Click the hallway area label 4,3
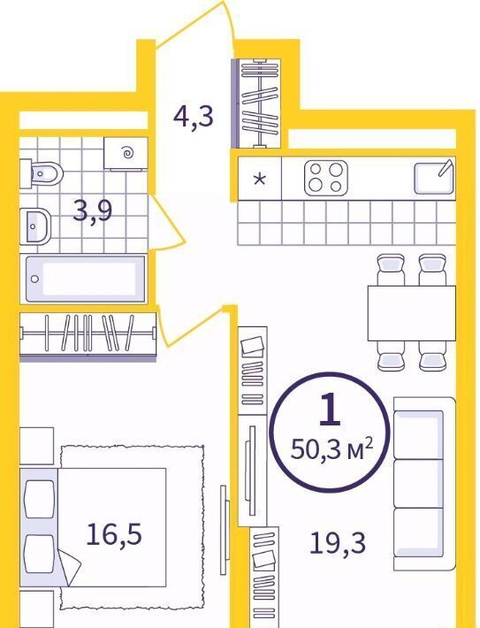[x=194, y=116]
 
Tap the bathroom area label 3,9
[x=93, y=211]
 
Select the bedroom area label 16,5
[x=114, y=534]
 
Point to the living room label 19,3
[x=338, y=543]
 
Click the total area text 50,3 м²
[x=331, y=449]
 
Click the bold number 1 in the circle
[x=331, y=409]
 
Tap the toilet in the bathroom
[x=42, y=173]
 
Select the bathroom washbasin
[x=35, y=226]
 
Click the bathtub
[x=85, y=279]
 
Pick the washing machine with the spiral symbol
[x=126, y=153]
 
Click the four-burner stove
[x=325, y=178]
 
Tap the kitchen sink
[x=434, y=178]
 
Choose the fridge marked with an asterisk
[x=260, y=178]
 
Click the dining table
[x=412, y=313]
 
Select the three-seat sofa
[x=424, y=484]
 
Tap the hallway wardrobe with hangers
[x=258, y=103]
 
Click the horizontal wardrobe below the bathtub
[x=88, y=336]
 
